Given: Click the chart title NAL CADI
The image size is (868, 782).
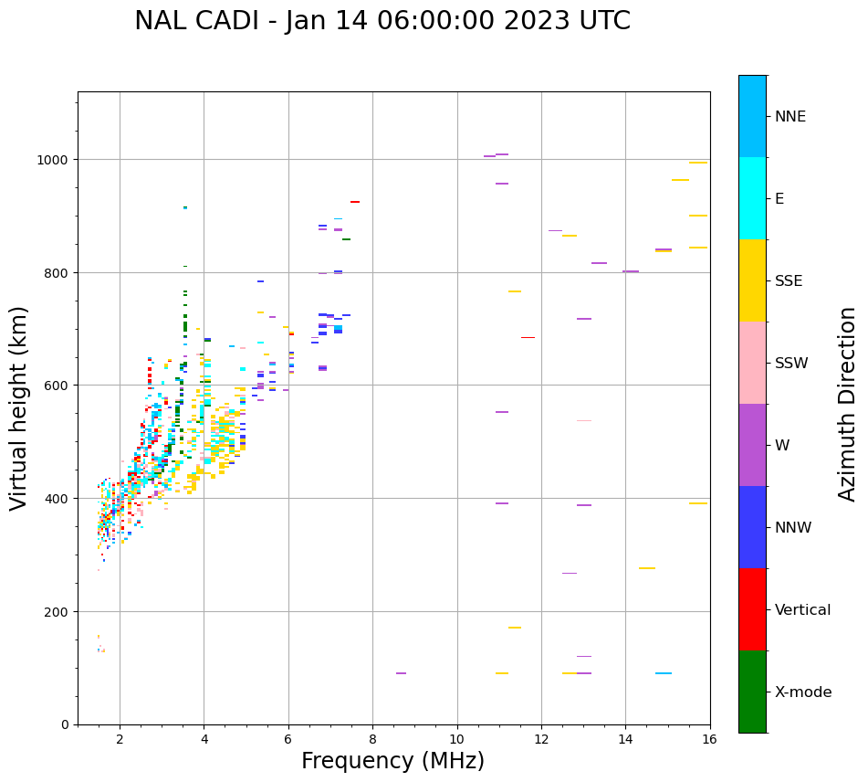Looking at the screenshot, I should (x=382, y=21).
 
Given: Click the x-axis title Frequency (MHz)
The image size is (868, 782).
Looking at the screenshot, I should (x=393, y=761).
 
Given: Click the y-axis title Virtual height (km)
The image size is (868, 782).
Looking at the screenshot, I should (x=19, y=408).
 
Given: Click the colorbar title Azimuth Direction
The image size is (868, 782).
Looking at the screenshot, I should (x=848, y=404).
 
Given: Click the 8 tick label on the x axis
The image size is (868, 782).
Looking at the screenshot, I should (x=372, y=740).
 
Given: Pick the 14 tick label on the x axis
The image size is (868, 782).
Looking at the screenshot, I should (x=625, y=740).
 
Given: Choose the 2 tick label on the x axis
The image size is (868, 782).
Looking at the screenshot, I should (x=120, y=740).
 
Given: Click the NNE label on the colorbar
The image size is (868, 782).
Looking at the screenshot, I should (x=790, y=117).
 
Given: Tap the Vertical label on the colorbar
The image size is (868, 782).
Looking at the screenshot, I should (x=803, y=610).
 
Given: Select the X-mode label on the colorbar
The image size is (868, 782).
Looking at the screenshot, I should (x=803, y=692).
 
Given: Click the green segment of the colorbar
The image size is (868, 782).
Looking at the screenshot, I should (x=752, y=692).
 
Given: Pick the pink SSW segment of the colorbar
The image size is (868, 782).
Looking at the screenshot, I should (x=752, y=363).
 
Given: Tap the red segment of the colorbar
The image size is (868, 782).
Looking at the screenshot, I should (x=752, y=609).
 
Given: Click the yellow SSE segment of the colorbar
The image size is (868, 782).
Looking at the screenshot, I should (x=752, y=280).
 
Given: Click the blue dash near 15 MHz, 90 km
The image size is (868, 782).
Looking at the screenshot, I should (x=664, y=673).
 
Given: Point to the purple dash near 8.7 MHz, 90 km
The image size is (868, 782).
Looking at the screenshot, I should (x=401, y=673).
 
